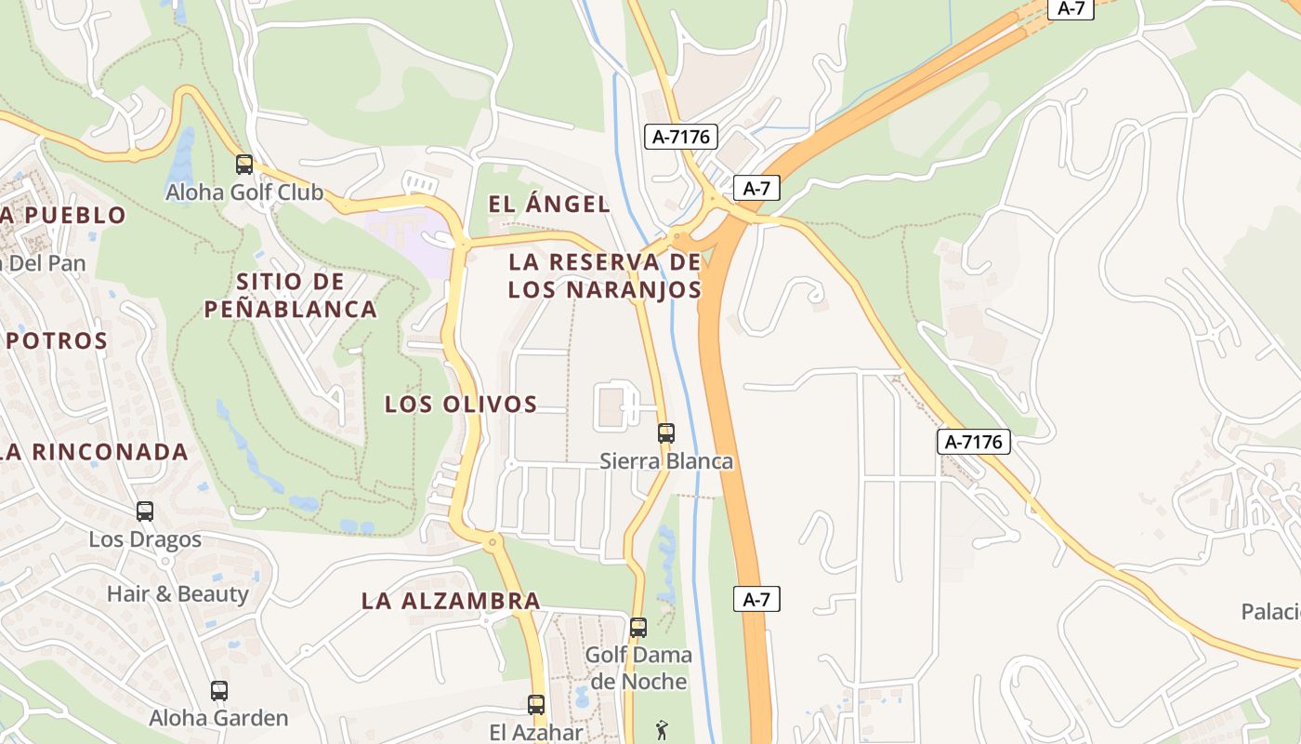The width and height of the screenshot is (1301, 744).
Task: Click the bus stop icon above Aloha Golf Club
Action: [244, 165]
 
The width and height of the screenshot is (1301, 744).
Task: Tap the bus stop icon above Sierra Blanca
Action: [666, 432]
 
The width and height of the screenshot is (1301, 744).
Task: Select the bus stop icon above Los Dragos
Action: [145, 511]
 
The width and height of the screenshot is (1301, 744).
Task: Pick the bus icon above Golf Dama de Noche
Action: [638, 627]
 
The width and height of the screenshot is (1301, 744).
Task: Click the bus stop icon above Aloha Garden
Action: [219, 690]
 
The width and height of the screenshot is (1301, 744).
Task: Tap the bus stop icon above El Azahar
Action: [536, 704]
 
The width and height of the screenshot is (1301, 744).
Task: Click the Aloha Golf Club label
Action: [244, 193]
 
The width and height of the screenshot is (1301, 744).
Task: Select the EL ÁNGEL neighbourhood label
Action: [549, 205]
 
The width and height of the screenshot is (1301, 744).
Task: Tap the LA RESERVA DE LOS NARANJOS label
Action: [605, 275]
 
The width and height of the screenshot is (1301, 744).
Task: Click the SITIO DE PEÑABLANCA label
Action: [291, 295]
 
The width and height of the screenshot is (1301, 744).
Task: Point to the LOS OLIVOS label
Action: [461, 404]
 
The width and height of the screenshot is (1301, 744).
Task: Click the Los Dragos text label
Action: [145, 539]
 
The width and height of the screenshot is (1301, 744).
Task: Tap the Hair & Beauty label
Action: [177, 593]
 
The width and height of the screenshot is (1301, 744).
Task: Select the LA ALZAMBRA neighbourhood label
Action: [451, 601]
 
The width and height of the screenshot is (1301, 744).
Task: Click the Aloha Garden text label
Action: [219, 718]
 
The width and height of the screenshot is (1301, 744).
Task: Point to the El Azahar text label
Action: [536, 732]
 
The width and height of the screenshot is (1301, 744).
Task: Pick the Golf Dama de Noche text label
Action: [638, 668]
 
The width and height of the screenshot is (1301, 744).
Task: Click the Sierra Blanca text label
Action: [666, 461]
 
